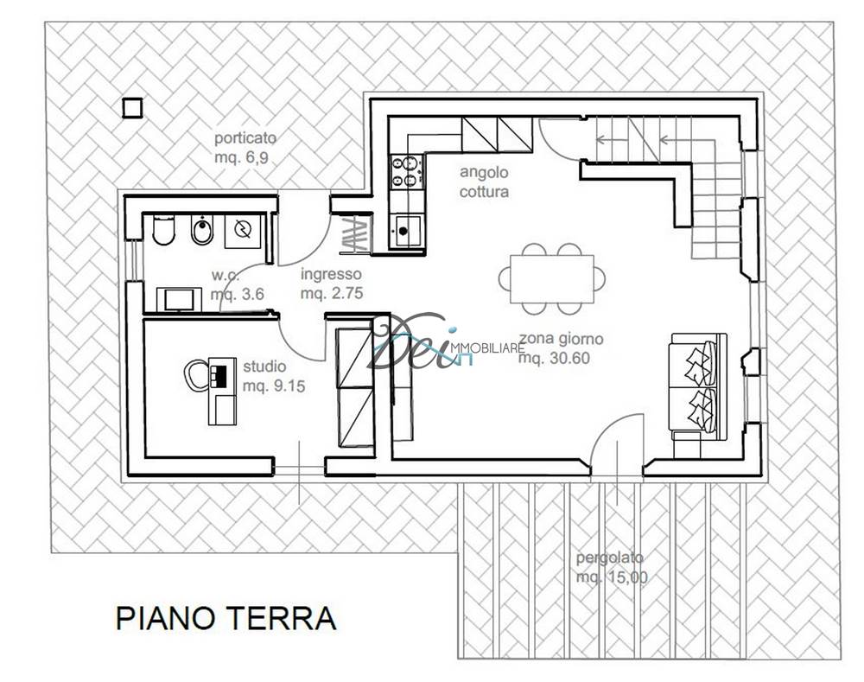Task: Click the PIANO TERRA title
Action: coord(226,618)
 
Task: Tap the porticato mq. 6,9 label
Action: coord(245,148)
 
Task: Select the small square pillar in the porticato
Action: coord(132,107)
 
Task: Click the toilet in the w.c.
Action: coord(163,231)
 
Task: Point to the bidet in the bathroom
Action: coord(200,232)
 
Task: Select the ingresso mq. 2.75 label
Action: coord(331,284)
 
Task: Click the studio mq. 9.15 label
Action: coord(273,376)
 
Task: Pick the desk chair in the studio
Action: coord(195,375)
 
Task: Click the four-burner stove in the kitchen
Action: coord(406,171)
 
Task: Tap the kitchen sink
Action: coord(407,232)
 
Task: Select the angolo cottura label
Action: coord(485,182)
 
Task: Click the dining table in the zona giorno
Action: coord(551,279)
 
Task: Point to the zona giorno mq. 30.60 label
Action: coord(561,348)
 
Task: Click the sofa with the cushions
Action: coord(698,382)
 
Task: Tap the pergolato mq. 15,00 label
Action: coord(611,567)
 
